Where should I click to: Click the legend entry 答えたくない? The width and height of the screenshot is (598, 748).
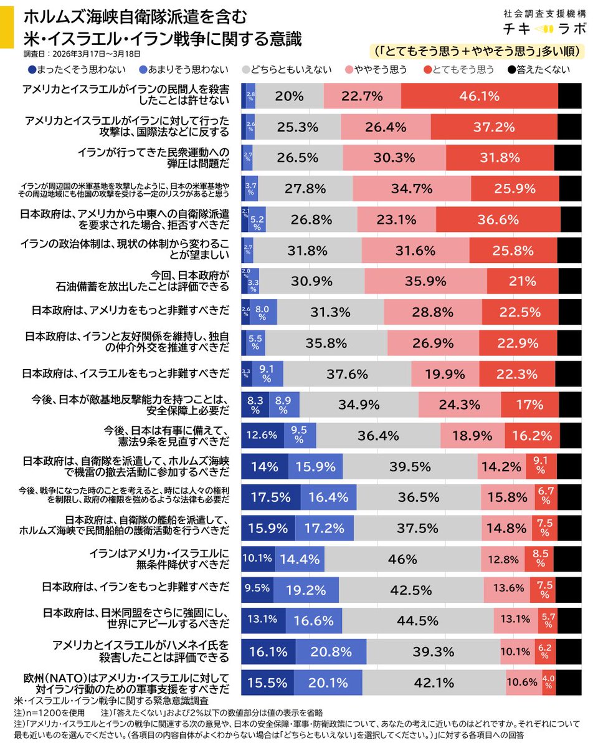pyautogui.click(x=539, y=69)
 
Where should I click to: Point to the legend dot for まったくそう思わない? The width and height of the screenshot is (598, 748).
pyautogui.click(x=32, y=69)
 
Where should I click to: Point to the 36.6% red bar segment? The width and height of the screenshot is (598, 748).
pyautogui.click(x=498, y=219)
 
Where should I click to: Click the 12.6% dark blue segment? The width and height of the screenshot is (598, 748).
pyautogui.click(x=262, y=436)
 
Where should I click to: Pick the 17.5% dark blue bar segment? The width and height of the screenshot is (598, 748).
pyautogui.click(x=270, y=497)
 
